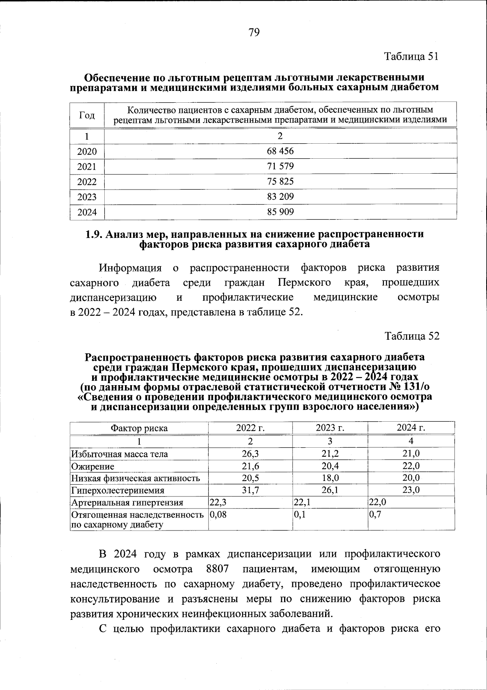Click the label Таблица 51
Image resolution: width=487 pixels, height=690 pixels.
[x=412, y=56]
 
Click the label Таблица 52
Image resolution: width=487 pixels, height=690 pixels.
[x=412, y=336]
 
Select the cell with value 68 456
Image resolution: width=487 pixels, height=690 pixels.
[x=280, y=151]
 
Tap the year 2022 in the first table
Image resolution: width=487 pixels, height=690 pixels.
[x=87, y=182]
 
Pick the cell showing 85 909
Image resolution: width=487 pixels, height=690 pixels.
[x=280, y=211]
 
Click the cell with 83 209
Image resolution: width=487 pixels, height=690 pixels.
[x=280, y=197]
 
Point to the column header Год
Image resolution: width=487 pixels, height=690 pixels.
[x=87, y=115]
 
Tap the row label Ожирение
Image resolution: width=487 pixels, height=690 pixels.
[x=93, y=466]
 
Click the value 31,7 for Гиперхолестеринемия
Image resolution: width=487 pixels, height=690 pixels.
[x=250, y=490]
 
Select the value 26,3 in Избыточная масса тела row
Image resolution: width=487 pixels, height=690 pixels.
[x=250, y=454]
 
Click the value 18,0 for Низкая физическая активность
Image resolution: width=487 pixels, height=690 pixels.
[x=330, y=478]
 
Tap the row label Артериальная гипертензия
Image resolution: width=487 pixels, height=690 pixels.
[x=127, y=503]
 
